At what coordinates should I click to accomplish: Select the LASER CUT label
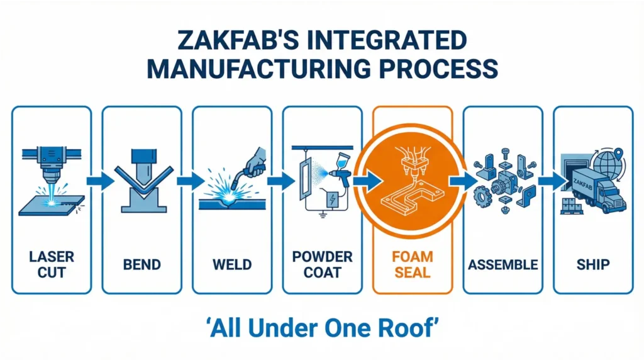52,264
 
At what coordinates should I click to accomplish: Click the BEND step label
142,264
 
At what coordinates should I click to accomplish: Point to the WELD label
232,264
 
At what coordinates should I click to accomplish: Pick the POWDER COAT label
323,264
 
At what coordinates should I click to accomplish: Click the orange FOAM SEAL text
413,264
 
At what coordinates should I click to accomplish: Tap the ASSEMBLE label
502,264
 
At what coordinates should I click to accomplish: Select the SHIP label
593,264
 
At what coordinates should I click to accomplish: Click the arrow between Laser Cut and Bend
98,182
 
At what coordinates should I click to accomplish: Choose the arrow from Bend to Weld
188,182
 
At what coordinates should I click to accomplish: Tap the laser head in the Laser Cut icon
47,165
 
